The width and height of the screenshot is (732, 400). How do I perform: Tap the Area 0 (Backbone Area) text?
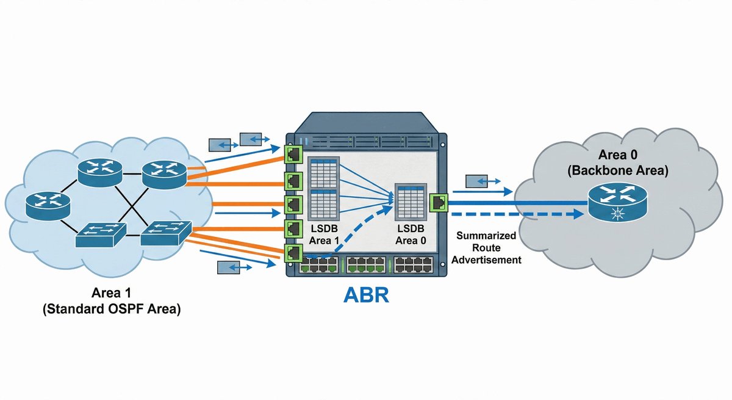tap(617, 164)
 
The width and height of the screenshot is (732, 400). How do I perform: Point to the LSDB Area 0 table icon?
tap(410, 202)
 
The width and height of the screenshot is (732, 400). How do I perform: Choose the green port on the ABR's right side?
tap(439, 203)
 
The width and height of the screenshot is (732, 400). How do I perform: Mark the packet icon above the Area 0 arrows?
tap(477, 181)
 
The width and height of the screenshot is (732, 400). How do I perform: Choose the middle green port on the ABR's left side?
tap(293, 203)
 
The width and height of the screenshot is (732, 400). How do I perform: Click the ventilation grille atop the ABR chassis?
tap(366, 142)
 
